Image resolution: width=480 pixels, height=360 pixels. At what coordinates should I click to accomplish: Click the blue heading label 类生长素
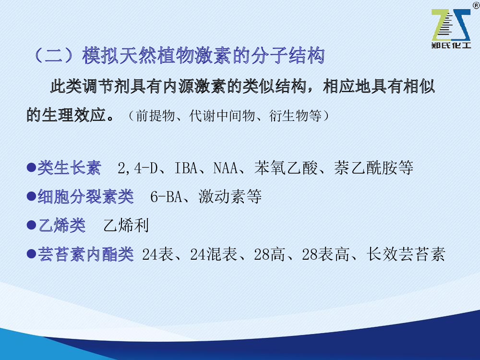pyautogui.click(x=69, y=168)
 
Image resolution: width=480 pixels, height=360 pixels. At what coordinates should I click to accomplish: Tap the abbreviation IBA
pyautogui.click(x=186, y=168)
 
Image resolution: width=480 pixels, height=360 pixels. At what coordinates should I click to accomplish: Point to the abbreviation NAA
pyautogui.click(x=226, y=168)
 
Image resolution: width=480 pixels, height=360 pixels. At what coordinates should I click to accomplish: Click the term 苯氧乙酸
pyautogui.click(x=286, y=168)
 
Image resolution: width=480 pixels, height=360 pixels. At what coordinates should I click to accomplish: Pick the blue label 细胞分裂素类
pyautogui.click(x=86, y=196)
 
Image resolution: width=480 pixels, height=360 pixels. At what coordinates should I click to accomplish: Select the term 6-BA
pyautogui.click(x=166, y=196)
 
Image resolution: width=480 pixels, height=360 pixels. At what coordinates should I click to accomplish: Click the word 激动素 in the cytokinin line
pyautogui.click(x=222, y=196)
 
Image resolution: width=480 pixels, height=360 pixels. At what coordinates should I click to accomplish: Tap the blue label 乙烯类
pyautogui.click(x=62, y=226)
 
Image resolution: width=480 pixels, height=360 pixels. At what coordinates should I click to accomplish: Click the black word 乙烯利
pyautogui.click(x=126, y=226)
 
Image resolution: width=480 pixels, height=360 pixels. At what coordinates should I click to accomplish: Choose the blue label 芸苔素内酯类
pyautogui.click(x=86, y=254)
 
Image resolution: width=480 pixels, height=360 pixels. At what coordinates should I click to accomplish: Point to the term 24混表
pyautogui.click(x=214, y=254)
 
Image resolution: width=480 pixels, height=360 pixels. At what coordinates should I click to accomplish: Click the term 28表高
pyautogui.click(x=326, y=254)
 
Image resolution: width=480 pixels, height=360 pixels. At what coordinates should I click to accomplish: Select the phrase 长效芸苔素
pyautogui.click(x=406, y=254)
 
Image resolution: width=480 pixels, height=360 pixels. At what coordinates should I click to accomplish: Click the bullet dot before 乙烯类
pyautogui.click(x=32, y=226)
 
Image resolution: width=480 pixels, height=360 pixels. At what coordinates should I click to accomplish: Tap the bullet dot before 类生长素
pyautogui.click(x=32, y=168)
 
